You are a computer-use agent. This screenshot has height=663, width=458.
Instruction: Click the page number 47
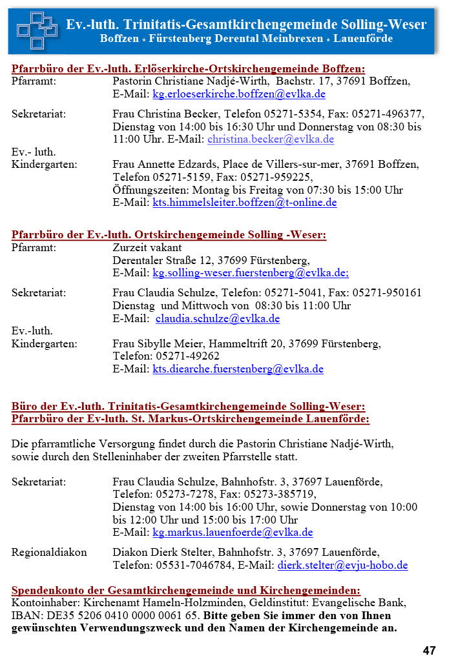coord(430,650)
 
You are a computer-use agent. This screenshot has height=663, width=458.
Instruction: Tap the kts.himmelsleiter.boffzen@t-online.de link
coord(244,202)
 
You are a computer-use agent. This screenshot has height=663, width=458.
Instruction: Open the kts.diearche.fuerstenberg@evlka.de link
coord(238,369)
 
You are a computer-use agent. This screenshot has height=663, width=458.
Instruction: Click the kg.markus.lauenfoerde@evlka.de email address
coord(233,533)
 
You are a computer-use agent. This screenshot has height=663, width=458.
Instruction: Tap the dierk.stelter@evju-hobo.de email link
coord(342,565)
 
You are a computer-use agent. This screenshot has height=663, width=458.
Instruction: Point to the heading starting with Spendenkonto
coord(186,590)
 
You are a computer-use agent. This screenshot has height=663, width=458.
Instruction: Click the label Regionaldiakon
coord(49,552)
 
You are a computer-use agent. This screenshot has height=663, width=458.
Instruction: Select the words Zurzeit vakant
coord(147,247)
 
